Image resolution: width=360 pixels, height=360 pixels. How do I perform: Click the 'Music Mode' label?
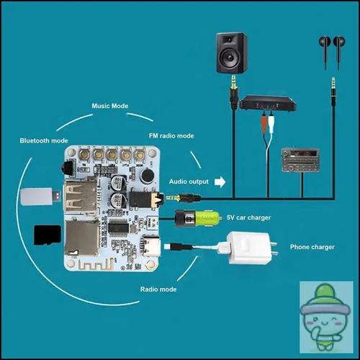click(x=110, y=106)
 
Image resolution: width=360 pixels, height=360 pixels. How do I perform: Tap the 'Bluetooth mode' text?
click(x=44, y=140)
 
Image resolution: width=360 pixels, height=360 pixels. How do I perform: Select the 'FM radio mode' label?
click(x=171, y=136)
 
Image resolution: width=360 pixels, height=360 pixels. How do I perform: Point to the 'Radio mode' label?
click(x=158, y=289)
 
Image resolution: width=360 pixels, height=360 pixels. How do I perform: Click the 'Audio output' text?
click(x=189, y=181)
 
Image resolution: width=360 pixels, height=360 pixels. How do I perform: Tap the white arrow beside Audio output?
click(x=220, y=182)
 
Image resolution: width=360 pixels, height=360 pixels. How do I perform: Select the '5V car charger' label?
click(x=248, y=217)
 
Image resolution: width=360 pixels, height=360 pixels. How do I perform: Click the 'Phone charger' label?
click(x=312, y=247)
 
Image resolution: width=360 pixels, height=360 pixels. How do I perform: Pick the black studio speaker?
click(x=232, y=53)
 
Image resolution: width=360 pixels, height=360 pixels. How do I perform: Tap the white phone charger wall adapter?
click(x=251, y=248)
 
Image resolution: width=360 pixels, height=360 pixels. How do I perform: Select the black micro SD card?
click(x=48, y=235)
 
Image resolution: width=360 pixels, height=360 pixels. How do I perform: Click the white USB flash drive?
click(x=40, y=197)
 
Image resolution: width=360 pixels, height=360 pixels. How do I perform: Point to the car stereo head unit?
click(x=300, y=160)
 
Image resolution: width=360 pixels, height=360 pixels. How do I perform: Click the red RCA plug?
click(x=264, y=123)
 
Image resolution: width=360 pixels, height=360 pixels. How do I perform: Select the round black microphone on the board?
click(x=148, y=176)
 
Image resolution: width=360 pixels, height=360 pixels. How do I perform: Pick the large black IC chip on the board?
click(x=118, y=228)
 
